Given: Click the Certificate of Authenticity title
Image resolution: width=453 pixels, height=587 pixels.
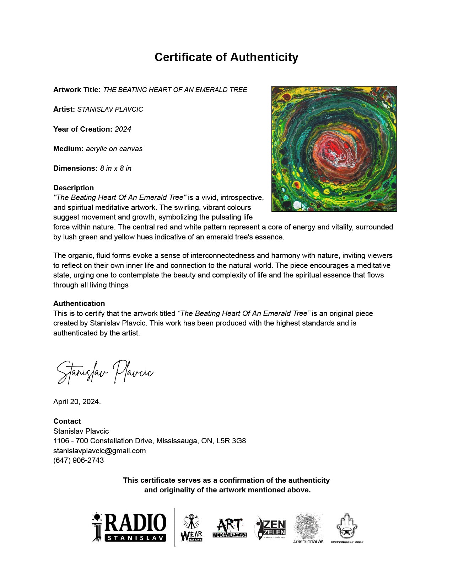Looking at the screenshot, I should pos(226,57).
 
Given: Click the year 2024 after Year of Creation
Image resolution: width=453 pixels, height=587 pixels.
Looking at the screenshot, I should pos(123,129).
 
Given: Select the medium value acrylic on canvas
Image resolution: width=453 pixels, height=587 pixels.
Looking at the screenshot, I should pos(114,149).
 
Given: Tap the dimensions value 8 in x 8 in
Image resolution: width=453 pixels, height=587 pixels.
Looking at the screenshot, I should pos(115,168).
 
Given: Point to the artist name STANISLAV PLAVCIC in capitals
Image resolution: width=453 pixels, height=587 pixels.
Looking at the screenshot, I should pos(110,109).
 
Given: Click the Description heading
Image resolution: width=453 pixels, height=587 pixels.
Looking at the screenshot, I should pos(74,188).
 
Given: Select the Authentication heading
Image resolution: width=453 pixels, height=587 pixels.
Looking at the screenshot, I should pos(79,303).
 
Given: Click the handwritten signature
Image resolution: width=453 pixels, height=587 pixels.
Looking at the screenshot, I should pos(105,372).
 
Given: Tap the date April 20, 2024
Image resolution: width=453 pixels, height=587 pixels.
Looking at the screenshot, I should pos(77,402).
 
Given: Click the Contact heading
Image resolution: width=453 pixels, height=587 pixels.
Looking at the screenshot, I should pos(67,421).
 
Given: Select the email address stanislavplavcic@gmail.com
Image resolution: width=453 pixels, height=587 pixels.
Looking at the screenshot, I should pos(99,451).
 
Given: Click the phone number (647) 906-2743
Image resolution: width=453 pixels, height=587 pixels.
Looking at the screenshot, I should pos(79,460).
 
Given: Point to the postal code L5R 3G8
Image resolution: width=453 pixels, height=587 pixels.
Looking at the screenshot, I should pos(231,441).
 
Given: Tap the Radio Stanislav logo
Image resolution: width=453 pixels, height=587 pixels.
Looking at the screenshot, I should pos(130,528).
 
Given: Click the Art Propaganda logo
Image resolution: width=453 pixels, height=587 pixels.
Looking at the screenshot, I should pos(230,528).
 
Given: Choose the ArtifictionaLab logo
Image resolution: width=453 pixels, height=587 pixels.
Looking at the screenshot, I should pos(308,528).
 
